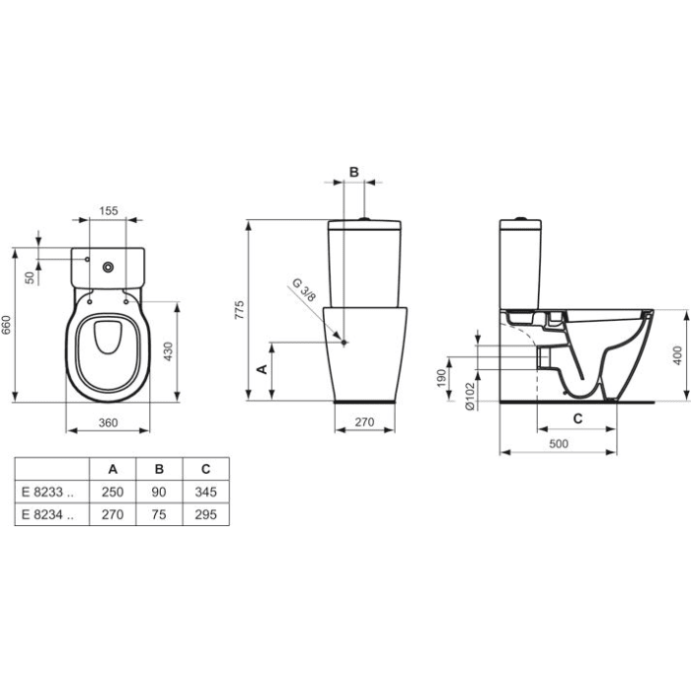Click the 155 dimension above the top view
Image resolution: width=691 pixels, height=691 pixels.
pos(109,211)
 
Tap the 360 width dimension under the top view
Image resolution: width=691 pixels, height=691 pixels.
pos(109,422)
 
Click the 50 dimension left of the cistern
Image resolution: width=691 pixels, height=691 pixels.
pos(30,277)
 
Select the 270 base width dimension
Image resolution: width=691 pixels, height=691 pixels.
pos(364,422)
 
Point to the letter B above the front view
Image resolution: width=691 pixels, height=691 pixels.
pos(354,172)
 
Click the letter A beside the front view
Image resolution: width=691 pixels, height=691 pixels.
pos(262,369)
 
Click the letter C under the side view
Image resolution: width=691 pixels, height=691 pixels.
pos(578,419)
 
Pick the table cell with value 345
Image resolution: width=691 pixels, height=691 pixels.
pos(204,492)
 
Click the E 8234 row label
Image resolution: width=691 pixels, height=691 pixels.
pos(45,514)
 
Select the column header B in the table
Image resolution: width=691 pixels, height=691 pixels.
pos(158,469)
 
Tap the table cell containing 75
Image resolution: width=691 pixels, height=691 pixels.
pos(158,514)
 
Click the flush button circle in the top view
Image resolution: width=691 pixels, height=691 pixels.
pos(107,264)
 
